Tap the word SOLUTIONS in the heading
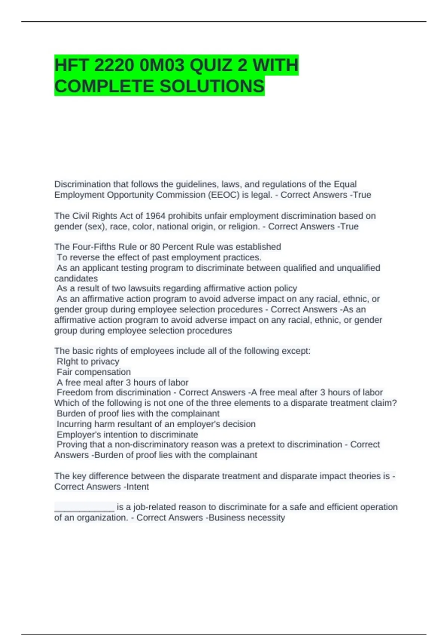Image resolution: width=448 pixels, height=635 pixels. pyautogui.click(x=212, y=86)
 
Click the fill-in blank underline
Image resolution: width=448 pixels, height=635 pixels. pyautogui.click(x=84, y=507)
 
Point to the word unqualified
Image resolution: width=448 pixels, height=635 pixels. pyautogui.click(x=358, y=268)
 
